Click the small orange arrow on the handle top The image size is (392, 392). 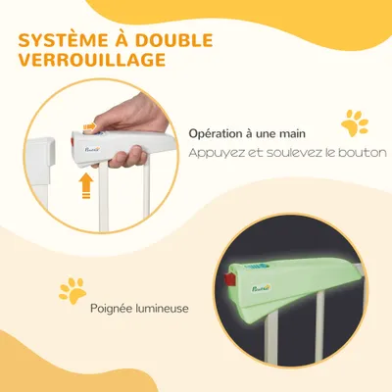(94, 130)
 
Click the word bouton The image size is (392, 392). (365, 153)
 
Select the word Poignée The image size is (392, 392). (112, 309)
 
